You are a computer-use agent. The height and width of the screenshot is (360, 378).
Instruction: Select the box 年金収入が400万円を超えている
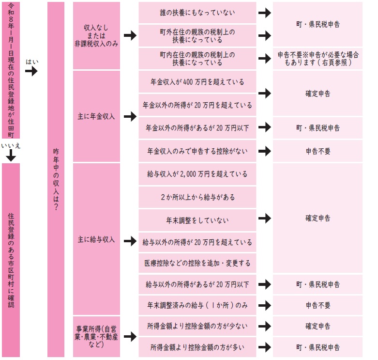point(197,82)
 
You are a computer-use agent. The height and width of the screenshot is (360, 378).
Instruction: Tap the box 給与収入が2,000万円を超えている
point(197,174)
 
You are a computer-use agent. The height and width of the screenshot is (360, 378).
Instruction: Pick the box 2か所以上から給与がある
point(197,197)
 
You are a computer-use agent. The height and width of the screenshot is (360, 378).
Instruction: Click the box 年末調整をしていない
point(197,220)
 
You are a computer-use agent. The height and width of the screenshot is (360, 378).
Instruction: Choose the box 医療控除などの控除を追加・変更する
point(197,263)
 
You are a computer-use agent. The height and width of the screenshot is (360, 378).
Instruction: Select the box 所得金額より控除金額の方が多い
point(197,347)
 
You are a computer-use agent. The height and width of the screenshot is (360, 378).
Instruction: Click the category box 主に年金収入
point(96,116)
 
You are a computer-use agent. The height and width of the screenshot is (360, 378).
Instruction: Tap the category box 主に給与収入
point(96,240)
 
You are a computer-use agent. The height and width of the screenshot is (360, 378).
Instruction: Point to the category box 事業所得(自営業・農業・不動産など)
point(96,336)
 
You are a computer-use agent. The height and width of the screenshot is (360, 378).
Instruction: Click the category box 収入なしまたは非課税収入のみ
point(96,35)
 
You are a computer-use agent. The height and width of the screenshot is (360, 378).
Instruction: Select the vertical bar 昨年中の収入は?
point(56,179)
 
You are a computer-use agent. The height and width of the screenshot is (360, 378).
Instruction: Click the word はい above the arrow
point(32,62)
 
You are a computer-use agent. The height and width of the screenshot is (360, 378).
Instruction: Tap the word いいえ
point(10,145)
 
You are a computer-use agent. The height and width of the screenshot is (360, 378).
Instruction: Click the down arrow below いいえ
point(11,156)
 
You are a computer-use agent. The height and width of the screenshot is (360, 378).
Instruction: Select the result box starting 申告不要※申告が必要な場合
point(318,59)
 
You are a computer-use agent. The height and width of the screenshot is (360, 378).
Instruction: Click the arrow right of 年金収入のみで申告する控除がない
point(264,151)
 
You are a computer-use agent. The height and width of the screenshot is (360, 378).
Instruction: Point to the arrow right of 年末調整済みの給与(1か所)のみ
point(264,305)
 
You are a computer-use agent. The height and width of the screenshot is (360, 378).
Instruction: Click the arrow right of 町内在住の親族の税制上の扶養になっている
point(264,59)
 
